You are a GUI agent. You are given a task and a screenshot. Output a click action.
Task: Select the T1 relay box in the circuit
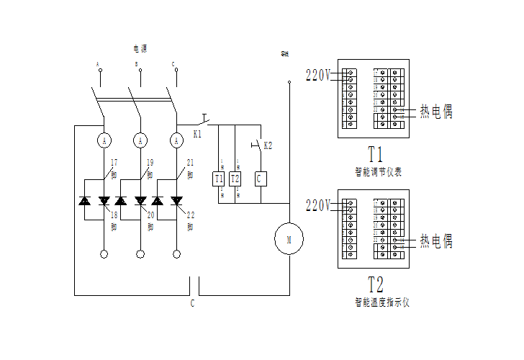(220, 179)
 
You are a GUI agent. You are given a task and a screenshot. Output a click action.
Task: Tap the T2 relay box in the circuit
(235, 179)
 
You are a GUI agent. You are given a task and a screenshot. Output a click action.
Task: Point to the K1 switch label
(198, 134)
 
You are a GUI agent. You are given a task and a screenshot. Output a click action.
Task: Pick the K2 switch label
(268, 145)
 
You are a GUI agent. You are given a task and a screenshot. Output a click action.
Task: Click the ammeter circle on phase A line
(104, 139)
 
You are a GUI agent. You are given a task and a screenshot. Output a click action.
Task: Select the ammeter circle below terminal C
(176, 139)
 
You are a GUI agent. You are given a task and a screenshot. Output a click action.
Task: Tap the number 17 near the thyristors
(113, 163)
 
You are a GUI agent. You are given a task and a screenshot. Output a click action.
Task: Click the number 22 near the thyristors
(190, 215)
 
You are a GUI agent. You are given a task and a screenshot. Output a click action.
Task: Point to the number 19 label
(150, 163)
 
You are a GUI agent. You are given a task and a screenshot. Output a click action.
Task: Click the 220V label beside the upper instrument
(318, 74)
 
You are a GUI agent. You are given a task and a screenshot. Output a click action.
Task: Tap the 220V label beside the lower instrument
(318, 205)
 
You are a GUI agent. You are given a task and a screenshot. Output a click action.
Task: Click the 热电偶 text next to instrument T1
(436, 112)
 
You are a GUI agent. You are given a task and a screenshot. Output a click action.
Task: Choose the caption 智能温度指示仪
(381, 302)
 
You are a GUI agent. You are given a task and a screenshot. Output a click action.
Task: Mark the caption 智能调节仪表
(378, 172)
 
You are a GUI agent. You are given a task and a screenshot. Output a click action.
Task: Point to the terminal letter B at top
(137, 64)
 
